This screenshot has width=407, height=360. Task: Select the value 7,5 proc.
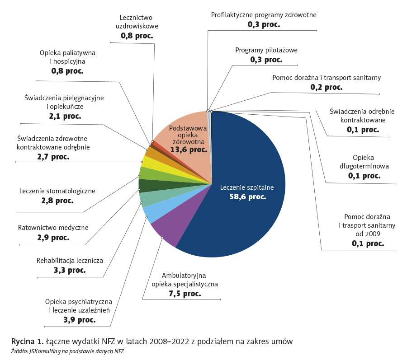tap(185, 294)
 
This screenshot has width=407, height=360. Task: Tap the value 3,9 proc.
tap(80, 320)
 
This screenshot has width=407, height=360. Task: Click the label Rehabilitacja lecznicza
tap(70, 261)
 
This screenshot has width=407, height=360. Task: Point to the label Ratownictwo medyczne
tap(53, 228)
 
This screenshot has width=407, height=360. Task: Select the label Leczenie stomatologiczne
tap(57, 191)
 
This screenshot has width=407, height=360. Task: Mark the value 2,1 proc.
tap(65, 116)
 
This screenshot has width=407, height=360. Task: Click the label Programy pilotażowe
tap(266, 50)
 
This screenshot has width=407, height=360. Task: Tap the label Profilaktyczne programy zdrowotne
tap(264, 15)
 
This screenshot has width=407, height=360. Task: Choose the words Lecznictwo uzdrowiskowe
tap(137, 22)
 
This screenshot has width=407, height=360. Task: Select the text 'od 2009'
tap(368, 234)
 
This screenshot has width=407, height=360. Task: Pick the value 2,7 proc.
tap(53, 157)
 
